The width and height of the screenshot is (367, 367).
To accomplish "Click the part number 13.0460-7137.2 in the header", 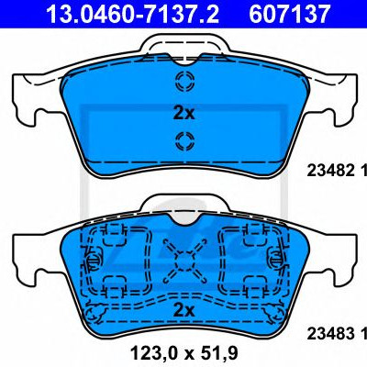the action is [132, 14].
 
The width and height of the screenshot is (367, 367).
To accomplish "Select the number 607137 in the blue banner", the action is [290, 14].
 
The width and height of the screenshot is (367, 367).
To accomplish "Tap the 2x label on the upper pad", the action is [183, 114].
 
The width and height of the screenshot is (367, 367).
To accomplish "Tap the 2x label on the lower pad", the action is [183, 310].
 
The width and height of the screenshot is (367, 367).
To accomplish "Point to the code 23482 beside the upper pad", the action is [330, 171].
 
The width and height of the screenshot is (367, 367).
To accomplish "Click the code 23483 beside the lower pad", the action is [330, 334].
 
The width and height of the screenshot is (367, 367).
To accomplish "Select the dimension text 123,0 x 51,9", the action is [183, 353].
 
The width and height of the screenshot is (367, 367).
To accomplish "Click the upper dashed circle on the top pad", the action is [184, 81].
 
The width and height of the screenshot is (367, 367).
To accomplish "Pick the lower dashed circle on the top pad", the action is [184, 141].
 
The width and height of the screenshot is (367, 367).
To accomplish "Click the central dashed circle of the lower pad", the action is [184, 261].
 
